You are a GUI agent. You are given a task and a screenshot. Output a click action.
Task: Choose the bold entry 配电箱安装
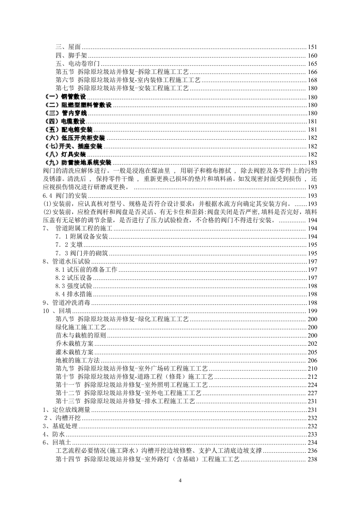(x=69, y=130)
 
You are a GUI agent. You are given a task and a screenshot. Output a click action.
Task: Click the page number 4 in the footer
(x=180, y=480)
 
